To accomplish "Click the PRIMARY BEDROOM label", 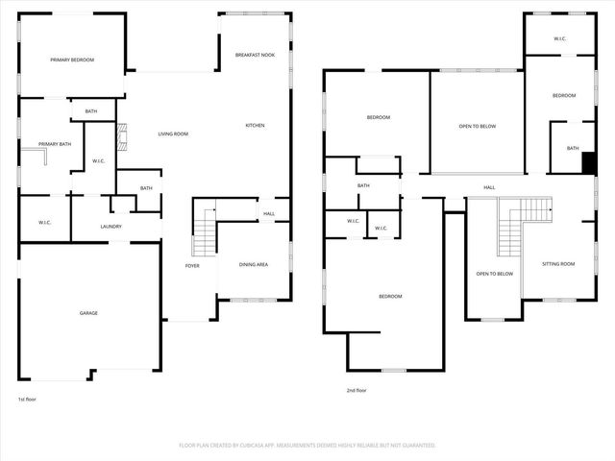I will pos(73,61).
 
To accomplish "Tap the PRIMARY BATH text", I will pos(55,144).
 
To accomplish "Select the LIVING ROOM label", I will pos(173,133).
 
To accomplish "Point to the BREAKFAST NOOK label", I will pos(255,55).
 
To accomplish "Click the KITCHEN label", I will pos(255,126).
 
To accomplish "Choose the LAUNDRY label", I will pos(111,227).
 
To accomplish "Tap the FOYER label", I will pos(192,265).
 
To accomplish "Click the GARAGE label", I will pos(88,313).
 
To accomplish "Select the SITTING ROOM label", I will pos(558,264).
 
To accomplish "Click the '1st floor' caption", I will pos(28,399).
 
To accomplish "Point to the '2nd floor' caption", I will pos(357,390).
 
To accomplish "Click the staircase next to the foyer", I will pos(204,232).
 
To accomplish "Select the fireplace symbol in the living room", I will pos(121,140).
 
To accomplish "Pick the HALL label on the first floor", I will pos(269,214).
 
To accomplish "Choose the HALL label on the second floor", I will pos(489,187).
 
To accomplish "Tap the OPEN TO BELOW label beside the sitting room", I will pos(495,274).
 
